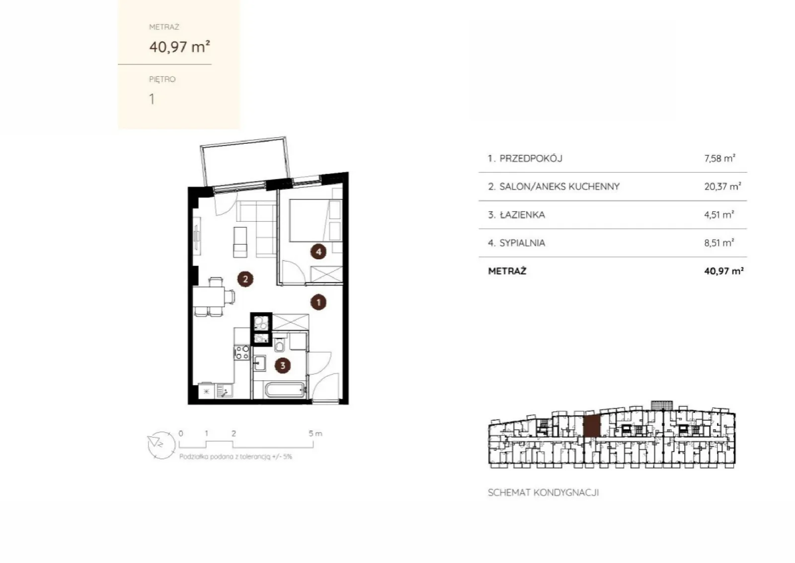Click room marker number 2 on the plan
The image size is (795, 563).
point(245,279)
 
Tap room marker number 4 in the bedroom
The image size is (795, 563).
point(318,252)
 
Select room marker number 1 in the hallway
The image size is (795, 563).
point(318,302)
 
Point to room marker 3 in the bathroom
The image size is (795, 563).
point(283,366)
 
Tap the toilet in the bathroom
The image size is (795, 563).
point(279,343)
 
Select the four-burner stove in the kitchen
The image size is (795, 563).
point(242,352)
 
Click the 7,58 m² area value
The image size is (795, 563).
point(720,158)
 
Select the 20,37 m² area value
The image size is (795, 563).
point(722,186)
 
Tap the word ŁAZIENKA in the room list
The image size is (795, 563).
point(522,215)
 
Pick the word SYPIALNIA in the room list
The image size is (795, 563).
point(522,243)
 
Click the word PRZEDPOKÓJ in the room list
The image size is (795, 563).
point(531,159)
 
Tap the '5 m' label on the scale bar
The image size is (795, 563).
point(315,433)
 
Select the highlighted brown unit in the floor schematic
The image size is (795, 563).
point(592,426)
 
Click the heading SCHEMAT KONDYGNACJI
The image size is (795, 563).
point(544,493)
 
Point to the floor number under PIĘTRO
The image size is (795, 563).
point(152,99)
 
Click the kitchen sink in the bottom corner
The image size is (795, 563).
point(224,391)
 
